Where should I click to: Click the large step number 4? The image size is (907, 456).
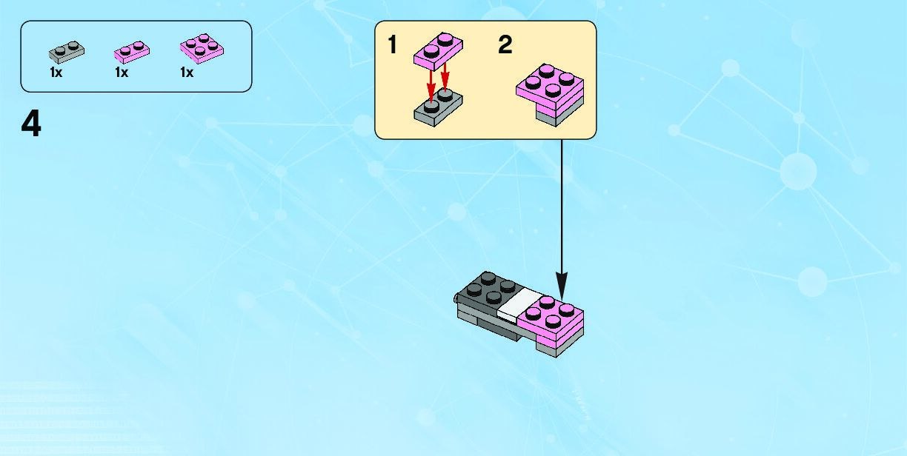[x=31, y=124]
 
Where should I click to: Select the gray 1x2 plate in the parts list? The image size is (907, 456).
[x=67, y=51]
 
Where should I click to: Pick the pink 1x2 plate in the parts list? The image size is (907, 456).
[x=133, y=51]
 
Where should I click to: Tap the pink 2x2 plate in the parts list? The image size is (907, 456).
[x=202, y=48]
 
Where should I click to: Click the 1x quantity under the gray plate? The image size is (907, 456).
[x=56, y=73]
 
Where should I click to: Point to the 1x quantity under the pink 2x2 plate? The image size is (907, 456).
[x=187, y=73]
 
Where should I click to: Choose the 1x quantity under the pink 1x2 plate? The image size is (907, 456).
[x=122, y=73]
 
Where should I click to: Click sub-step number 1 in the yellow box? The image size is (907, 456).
[x=393, y=45]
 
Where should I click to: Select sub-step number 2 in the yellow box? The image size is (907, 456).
[x=505, y=45]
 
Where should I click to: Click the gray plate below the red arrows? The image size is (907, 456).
[x=438, y=107]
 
